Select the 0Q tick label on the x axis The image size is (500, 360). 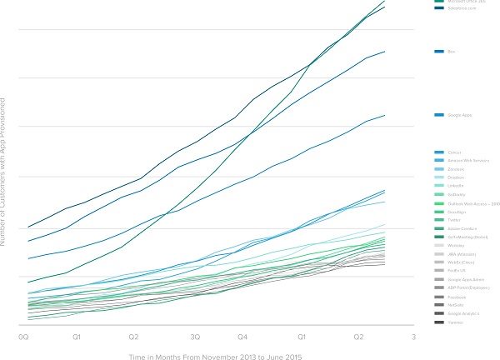(x=24, y=337)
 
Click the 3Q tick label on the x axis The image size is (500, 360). (x=194, y=337)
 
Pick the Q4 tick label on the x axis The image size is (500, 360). (x=242, y=337)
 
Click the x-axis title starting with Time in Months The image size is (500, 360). (x=215, y=356)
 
